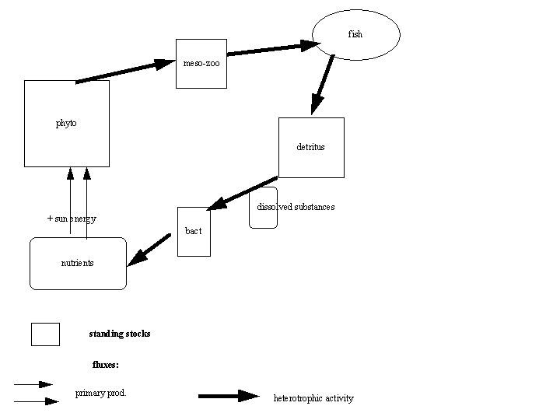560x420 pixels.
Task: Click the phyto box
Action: click(x=67, y=124)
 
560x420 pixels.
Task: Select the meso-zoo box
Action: click(x=201, y=63)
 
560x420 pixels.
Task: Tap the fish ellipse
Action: click(x=356, y=35)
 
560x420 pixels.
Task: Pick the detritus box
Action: click(x=311, y=147)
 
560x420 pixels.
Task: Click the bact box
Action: click(x=194, y=231)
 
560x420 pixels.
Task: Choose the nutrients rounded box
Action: click(x=78, y=264)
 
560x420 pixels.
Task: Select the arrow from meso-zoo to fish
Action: click(x=272, y=49)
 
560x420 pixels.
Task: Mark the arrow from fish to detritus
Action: click(x=323, y=85)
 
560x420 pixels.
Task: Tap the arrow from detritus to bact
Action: click(x=243, y=193)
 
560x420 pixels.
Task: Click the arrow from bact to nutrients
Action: click(x=149, y=250)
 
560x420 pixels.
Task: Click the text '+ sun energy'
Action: click(x=72, y=219)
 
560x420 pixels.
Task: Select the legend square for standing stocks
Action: click(x=45, y=334)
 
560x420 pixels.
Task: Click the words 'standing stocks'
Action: click(x=120, y=334)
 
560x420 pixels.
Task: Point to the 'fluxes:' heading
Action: click(x=106, y=364)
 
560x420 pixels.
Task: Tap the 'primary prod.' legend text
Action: click(x=101, y=393)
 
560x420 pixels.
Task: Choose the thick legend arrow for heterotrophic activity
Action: click(x=229, y=396)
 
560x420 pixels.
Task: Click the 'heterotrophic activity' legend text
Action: click(x=313, y=398)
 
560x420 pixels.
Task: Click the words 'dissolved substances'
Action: click(x=296, y=207)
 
